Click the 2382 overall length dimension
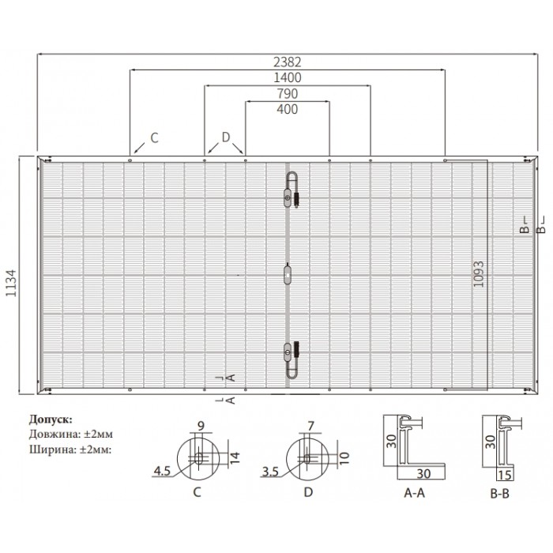288,62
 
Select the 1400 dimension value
288,77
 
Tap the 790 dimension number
288,94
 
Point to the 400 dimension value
288,109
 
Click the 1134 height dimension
11,283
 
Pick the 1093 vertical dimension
479,274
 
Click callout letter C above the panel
155,138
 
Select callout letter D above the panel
226,137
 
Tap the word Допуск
51,419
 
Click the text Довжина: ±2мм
71,434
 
